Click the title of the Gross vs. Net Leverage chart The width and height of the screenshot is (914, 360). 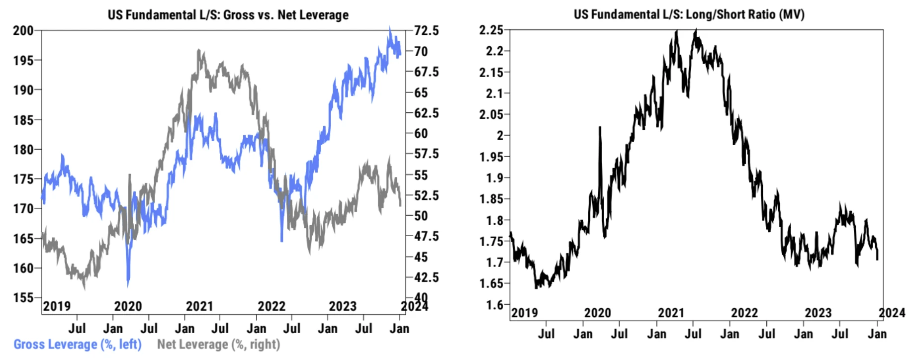pyautogui.click(x=228, y=15)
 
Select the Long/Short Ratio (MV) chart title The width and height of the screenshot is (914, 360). pyautogui.click(x=689, y=14)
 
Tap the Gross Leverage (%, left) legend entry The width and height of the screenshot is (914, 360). pyautogui.click(x=78, y=344)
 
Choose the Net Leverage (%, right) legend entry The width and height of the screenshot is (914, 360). pyautogui.click(x=218, y=344)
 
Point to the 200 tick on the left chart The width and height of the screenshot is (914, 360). pyautogui.click(x=23, y=31)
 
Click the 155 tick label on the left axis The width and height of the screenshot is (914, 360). pyautogui.click(x=23, y=298)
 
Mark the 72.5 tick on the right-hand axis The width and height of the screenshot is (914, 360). pyautogui.click(x=427, y=31)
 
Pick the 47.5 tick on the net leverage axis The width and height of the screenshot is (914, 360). pyautogui.click(x=427, y=236)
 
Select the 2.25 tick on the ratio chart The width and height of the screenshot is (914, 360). pyautogui.click(x=491, y=30)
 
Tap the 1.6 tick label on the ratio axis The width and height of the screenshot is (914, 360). pyautogui.click(x=495, y=305)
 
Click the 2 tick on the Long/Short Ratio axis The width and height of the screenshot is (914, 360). pyautogui.click(x=500, y=135)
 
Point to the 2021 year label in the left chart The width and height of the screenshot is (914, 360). pyautogui.click(x=199, y=306)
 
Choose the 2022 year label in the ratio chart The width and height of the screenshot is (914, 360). pyautogui.click(x=744, y=313)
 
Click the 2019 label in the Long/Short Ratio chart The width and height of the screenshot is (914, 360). pyautogui.click(x=525, y=313)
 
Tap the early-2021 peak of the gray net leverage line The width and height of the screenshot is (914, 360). pyautogui.click(x=198, y=51)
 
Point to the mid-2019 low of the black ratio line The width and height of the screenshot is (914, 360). pyautogui.click(x=536, y=287)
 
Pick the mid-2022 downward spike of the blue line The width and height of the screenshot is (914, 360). pyautogui.click(x=281, y=240)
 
